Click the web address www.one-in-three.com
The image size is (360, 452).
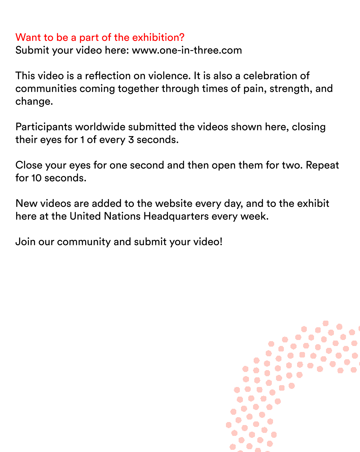coord(187,50)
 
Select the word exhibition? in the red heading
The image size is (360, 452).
coord(158,38)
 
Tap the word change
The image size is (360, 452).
coord(34,101)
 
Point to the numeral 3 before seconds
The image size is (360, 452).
coord(131,140)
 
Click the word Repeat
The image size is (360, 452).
coord(322,165)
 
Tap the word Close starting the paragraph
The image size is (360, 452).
coord(28,165)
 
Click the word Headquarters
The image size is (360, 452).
coord(176,216)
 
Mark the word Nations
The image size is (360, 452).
coord(122,216)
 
